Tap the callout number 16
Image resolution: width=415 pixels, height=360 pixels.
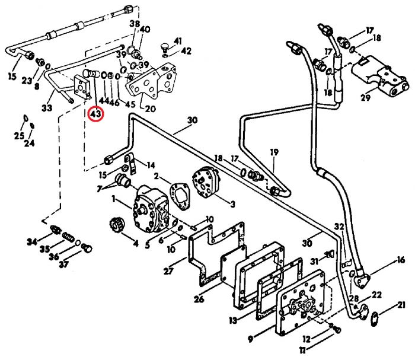pos(401,260)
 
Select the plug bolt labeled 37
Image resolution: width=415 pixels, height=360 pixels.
pos(87,248)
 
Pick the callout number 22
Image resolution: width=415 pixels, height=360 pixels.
pos(376,295)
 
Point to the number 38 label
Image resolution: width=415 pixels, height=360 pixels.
pos(135,24)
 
